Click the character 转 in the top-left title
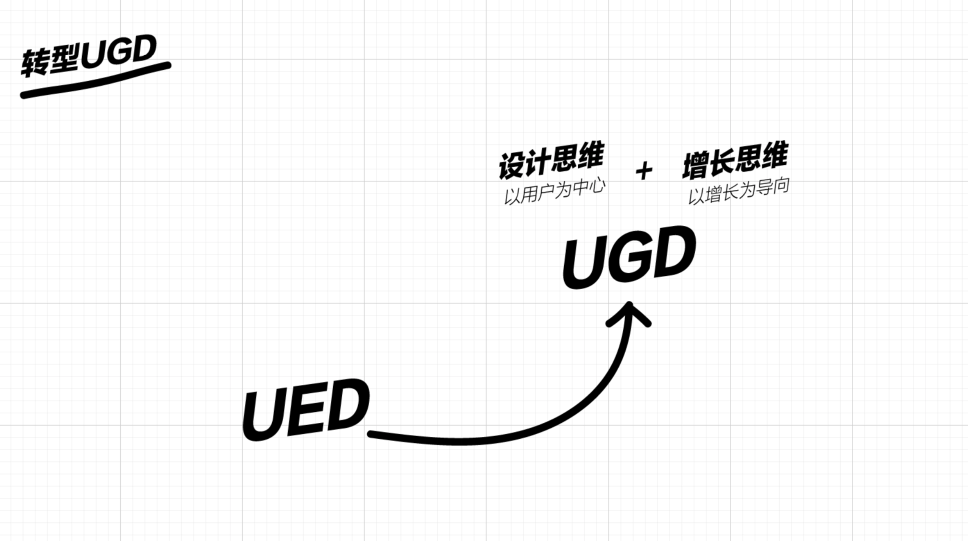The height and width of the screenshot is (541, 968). point(35,62)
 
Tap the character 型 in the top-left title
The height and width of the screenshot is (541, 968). point(64,59)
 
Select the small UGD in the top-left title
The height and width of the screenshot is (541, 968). point(118,51)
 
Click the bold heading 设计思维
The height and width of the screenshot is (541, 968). point(551,160)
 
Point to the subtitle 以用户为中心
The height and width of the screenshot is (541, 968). point(554,192)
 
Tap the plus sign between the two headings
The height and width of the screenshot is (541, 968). point(644,171)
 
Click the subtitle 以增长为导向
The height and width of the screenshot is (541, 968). point(738,191)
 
